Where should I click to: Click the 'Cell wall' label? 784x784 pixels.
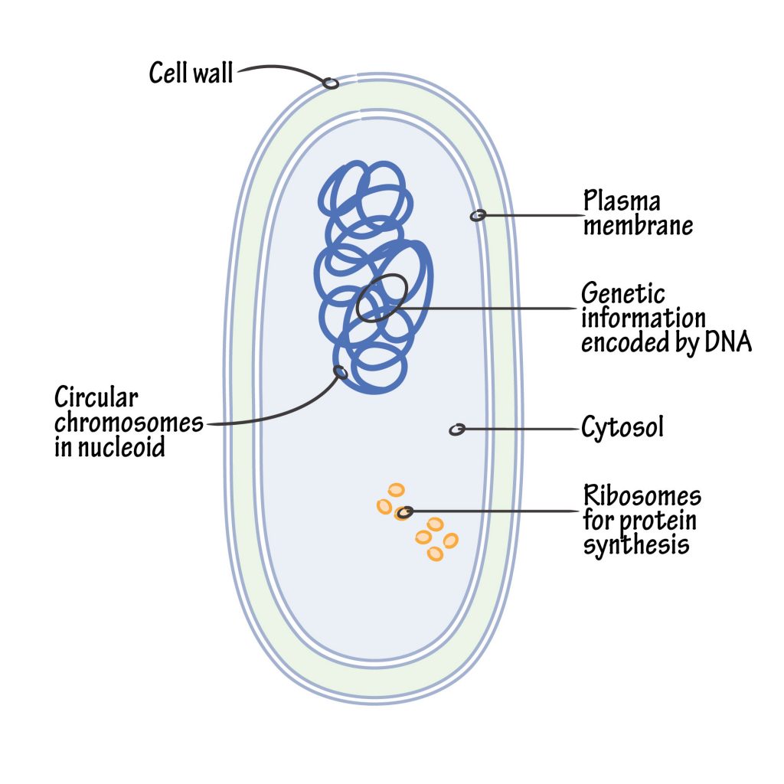[191, 73]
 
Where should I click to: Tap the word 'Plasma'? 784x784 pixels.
[622, 202]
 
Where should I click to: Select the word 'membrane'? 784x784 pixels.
[637, 227]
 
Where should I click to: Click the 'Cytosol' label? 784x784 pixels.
[622, 428]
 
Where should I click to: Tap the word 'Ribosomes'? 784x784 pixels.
[642, 496]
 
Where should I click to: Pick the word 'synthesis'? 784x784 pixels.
[636, 545]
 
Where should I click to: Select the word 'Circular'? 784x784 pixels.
[96, 398]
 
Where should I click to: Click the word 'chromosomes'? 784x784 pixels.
[129, 423]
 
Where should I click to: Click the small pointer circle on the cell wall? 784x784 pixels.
[331, 83]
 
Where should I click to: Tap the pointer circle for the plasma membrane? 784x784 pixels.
[477, 216]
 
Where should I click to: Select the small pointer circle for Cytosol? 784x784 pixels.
[456, 430]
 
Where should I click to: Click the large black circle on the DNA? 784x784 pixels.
[381, 298]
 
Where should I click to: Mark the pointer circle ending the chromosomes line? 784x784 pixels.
[341, 373]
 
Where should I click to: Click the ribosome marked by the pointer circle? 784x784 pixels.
[403, 512]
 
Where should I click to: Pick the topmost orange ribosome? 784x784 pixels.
[396, 489]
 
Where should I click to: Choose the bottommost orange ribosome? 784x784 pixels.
[435, 553]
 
